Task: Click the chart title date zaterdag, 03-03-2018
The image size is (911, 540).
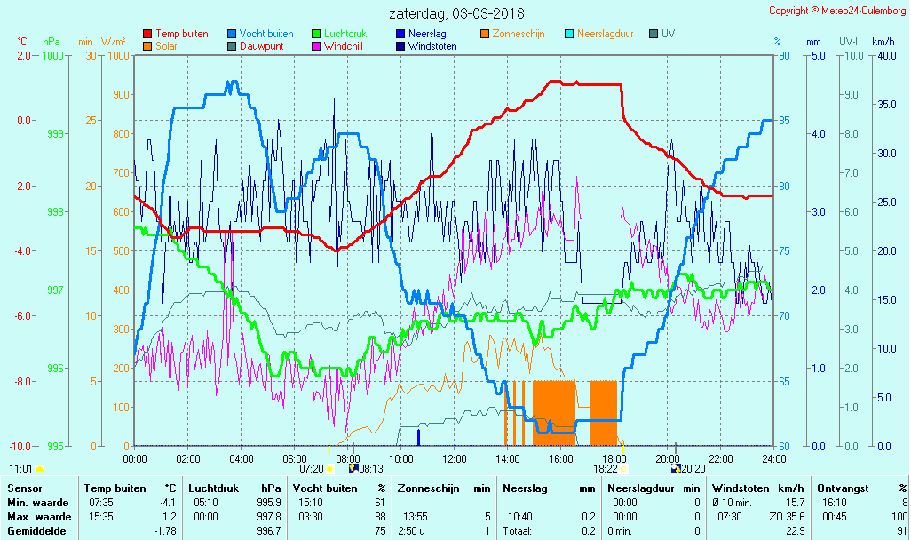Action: (x=456, y=14)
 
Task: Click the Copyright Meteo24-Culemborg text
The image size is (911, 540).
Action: (x=837, y=11)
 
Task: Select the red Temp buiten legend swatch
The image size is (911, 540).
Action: (x=147, y=34)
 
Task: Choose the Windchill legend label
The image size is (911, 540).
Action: (x=349, y=46)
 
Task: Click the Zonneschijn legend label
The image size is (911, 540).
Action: (x=519, y=34)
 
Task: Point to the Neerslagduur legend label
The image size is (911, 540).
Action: (x=605, y=34)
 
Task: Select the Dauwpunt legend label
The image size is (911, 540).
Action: (x=262, y=46)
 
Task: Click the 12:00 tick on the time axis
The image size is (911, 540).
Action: (x=455, y=459)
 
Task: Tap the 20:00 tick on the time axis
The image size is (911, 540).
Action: (x=668, y=459)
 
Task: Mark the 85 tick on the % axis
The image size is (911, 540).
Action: (x=784, y=121)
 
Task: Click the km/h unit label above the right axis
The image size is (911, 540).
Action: (x=883, y=42)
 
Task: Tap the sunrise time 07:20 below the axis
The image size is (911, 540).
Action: (x=311, y=468)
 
